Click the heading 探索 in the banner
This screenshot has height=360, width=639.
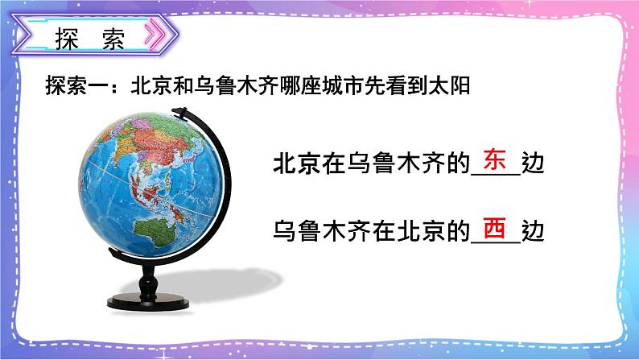(x=91, y=39)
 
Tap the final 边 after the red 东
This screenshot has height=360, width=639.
(x=534, y=164)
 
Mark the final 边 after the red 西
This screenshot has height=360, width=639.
(x=534, y=233)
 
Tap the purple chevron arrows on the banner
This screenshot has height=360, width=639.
(x=163, y=37)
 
